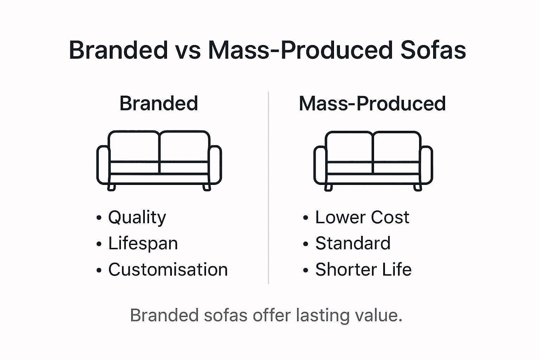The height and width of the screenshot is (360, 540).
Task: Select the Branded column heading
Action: pos(159,103)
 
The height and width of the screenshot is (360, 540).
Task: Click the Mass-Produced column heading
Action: pos(372,103)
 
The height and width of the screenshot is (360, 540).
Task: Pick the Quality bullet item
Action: pos(137,217)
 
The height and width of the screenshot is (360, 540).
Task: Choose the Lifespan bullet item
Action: pos(143,243)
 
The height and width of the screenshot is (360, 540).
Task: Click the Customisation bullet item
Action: pos(168,270)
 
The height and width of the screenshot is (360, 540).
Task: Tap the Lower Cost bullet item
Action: pos(362,217)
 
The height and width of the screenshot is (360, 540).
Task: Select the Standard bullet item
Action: pos(353,243)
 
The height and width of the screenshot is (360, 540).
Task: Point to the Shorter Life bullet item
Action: pos(363,270)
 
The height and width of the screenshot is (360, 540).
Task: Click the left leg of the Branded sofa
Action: pos(111,187)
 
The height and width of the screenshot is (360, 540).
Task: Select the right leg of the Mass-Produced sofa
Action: pos(418,187)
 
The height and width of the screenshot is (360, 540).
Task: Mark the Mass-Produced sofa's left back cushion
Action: pos(349,147)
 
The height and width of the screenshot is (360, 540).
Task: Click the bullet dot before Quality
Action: pos(99,218)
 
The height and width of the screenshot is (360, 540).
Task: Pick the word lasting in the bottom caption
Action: pos(322,315)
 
